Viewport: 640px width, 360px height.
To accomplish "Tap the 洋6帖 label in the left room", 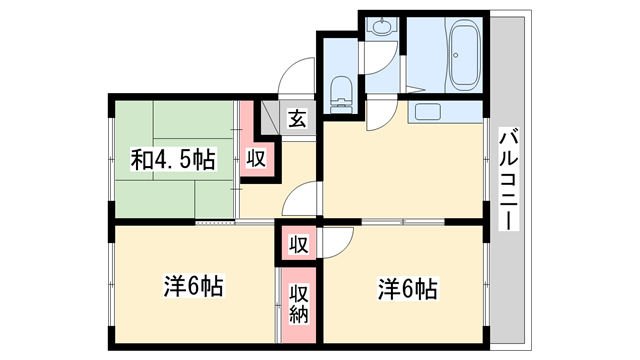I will coord(193,287).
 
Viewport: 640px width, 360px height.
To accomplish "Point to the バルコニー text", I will coord(507,179).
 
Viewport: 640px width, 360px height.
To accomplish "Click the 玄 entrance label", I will coord(297,119).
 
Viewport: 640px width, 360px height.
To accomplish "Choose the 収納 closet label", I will coord(298,304).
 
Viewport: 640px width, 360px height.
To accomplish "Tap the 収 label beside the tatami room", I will coord(256,158).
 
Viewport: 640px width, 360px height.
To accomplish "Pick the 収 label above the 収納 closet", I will coord(298,244).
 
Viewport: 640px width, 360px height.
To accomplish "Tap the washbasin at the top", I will coord(380,28).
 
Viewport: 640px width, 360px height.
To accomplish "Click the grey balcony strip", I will coord(507,250).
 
